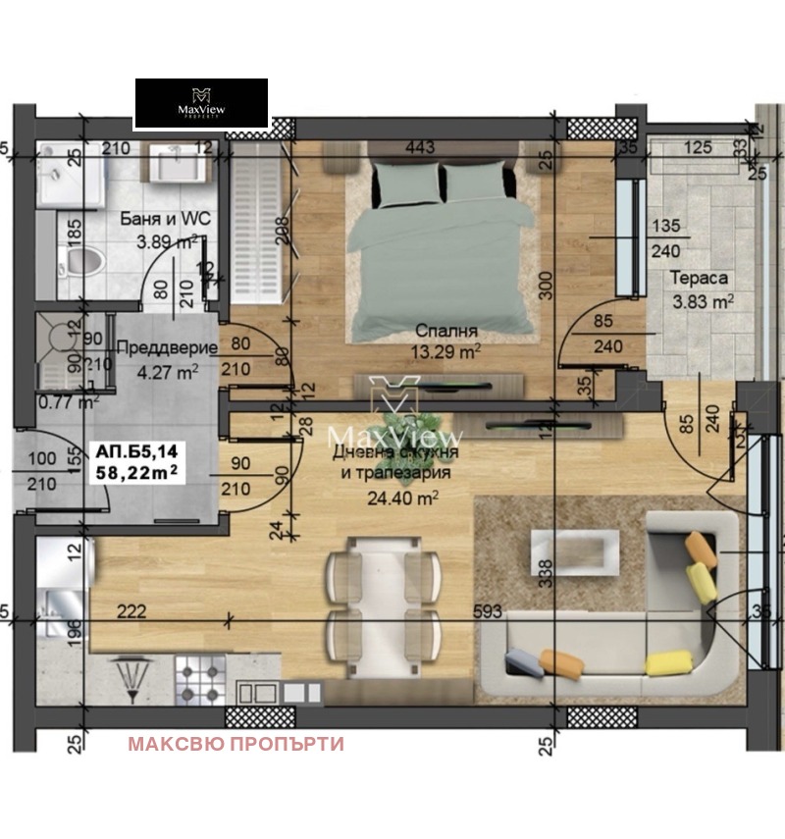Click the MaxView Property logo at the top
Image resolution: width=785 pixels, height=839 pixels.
coord(201,103)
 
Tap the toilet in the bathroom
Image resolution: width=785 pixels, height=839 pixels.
coord(79,262)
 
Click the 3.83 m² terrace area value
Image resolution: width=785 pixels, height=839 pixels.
coord(703,300)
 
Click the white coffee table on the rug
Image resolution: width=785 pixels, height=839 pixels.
coord(574,551)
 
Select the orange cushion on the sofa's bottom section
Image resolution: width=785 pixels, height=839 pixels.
coord(560,663)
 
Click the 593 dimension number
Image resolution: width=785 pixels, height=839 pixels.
coord(487,612)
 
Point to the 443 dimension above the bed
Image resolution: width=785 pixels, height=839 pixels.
coord(420,148)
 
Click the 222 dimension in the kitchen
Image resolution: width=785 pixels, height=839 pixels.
coord(131,612)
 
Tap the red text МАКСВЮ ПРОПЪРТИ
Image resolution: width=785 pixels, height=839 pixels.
coord(235,744)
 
